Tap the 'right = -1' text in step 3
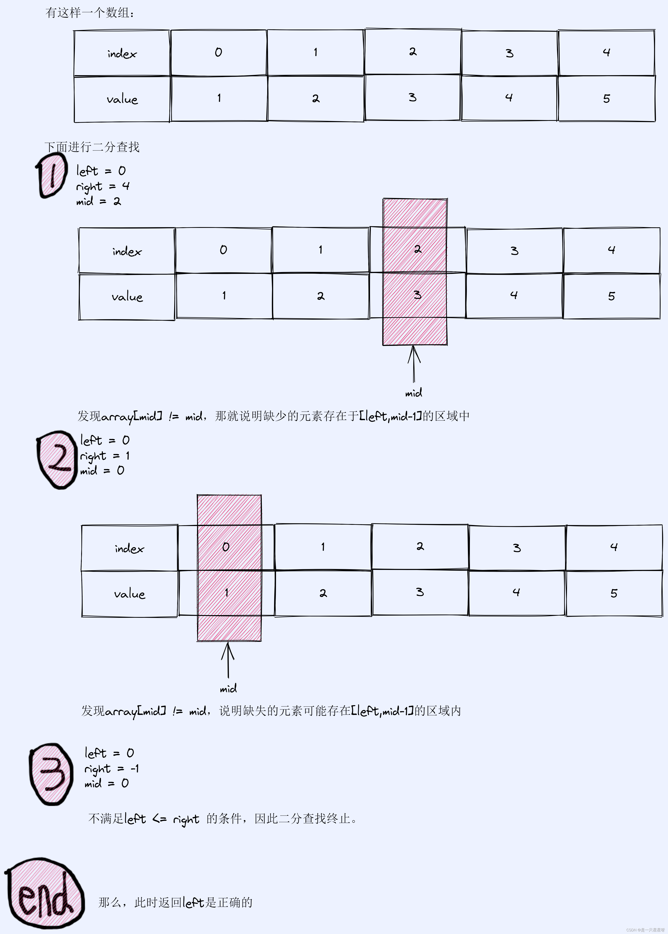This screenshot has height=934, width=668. click(112, 768)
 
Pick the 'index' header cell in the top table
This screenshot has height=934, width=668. click(122, 53)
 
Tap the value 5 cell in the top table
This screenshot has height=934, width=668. click(606, 99)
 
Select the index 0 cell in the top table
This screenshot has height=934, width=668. click(218, 53)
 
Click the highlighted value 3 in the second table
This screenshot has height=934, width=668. click(417, 295)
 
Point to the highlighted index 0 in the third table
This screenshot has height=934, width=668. click(226, 547)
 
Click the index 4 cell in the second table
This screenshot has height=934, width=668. click(611, 250)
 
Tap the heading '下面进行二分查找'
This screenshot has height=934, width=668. click(92, 147)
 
